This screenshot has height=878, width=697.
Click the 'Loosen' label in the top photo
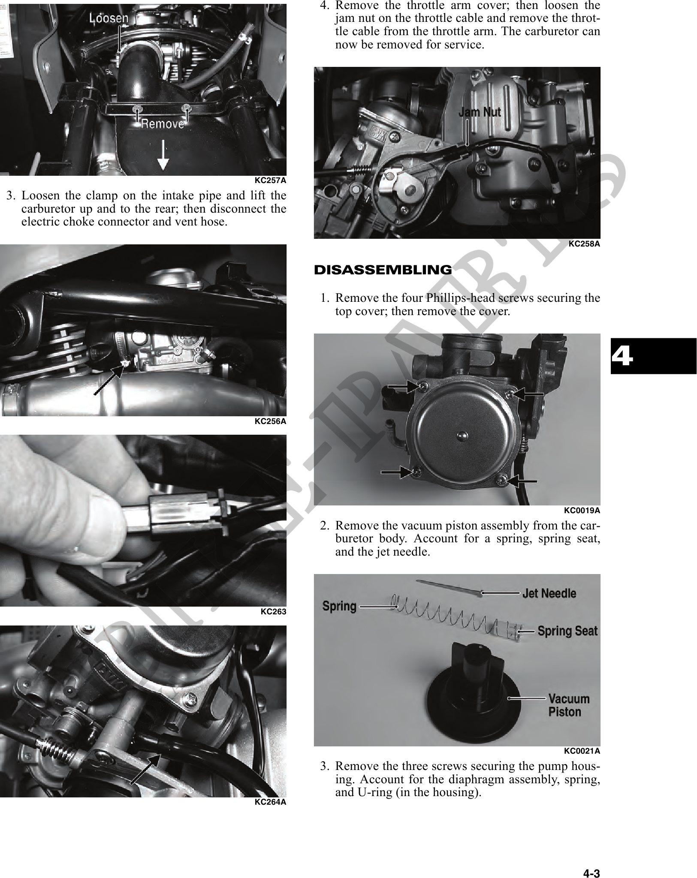pyautogui.click(x=109, y=18)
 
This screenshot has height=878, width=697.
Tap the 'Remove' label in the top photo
pyautogui.click(x=163, y=124)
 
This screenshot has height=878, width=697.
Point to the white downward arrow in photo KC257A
pyautogui.click(x=163, y=156)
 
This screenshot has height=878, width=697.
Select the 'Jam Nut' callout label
pyautogui.click(x=480, y=112)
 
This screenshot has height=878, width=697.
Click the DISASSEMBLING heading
pyautogui.click(x=383, y=270)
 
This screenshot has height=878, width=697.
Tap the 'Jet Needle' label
pyautogui.click(x=549, y=593)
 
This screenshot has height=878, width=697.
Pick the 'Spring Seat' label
pyautogui.click(x=567, y=631)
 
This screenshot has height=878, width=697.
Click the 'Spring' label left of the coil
pyautogui.click(x=339, y=606)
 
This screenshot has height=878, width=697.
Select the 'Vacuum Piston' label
pyautogui.click(x=569, y=705)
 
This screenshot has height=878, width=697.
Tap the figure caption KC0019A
pyautogui.click(x=582, y=511)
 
